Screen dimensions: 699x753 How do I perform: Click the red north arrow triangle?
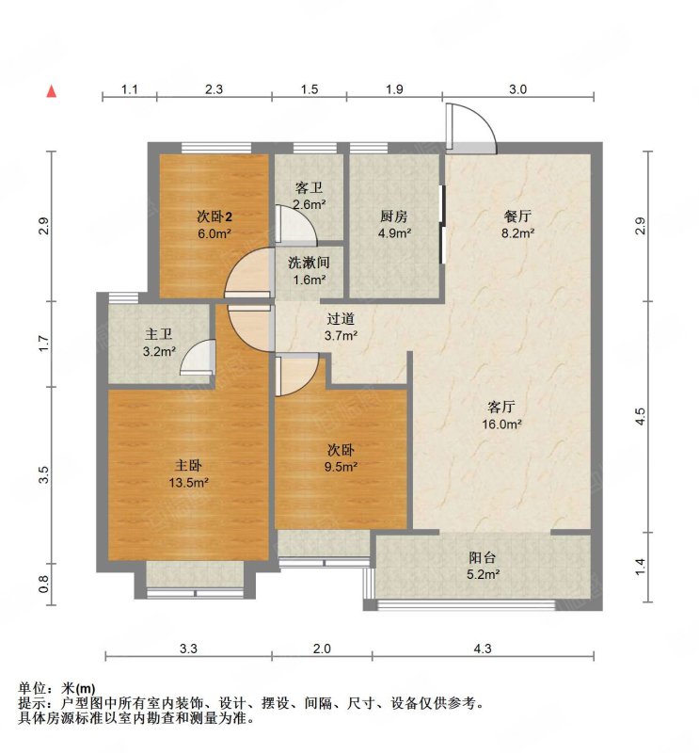tap(52, 91)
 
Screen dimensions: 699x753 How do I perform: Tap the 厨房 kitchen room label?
tap(393, 216)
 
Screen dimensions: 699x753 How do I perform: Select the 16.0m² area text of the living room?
tap(501, 425)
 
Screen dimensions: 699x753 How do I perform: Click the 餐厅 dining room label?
tap(517, 216)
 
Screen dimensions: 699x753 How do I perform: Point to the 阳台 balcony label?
tap(482, 557)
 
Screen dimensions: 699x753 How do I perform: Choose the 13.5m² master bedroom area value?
tap(188, 483)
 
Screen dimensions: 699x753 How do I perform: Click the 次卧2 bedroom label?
tap(214, 217)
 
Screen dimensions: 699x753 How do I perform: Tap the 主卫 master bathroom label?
tap(158, 334)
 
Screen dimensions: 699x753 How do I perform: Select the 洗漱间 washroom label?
tap(310, 263)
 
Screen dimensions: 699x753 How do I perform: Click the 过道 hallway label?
tap(341, 319)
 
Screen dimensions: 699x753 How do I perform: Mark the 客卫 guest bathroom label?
tap(309, 187)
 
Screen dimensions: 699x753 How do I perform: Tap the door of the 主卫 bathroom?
tap(198, 358)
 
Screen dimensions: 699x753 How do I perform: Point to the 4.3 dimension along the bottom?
tap(483, 649)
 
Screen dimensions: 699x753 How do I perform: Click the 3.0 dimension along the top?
tap(517, 89)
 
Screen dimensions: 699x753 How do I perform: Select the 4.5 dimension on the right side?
tap(640, 416)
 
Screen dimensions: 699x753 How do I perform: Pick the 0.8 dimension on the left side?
tap(43, 584)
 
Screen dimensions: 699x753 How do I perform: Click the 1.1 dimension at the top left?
tap(130, 89)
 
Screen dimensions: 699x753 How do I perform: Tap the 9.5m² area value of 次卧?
tap(341, 466)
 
